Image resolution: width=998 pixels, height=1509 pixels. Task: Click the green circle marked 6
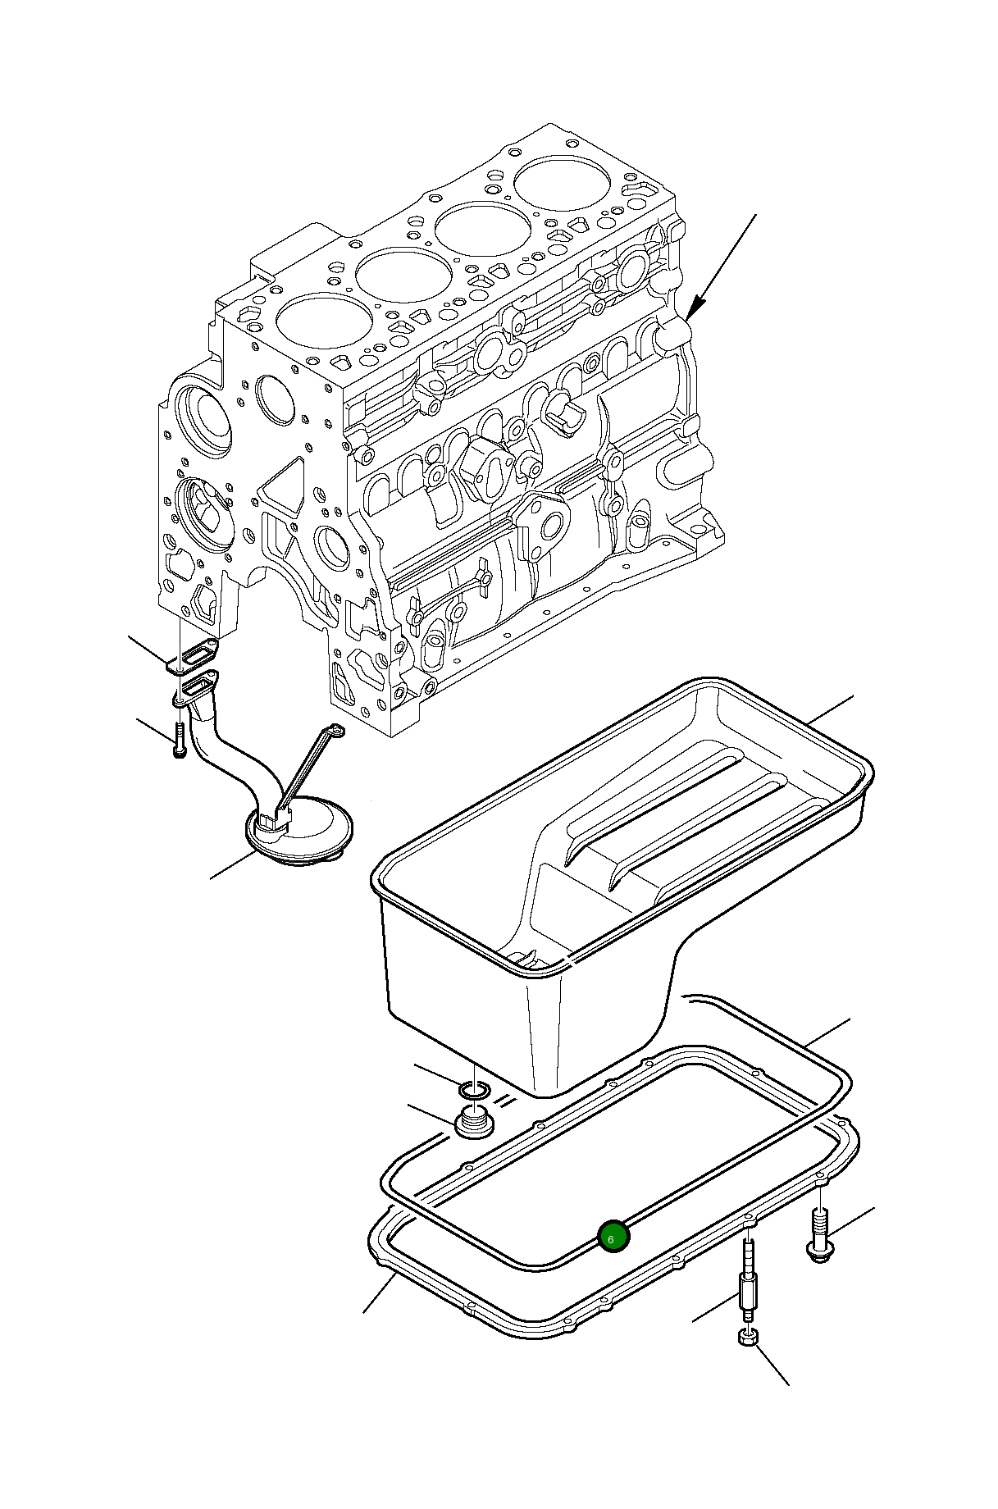click(613, 1237)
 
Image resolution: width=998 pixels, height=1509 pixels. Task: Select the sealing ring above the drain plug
click(474, 1091)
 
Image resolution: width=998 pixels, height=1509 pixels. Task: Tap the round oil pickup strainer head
click(300, 833)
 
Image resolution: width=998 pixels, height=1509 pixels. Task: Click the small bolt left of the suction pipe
click(180, 741)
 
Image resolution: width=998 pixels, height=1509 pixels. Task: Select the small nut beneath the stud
click(748, 1338)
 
